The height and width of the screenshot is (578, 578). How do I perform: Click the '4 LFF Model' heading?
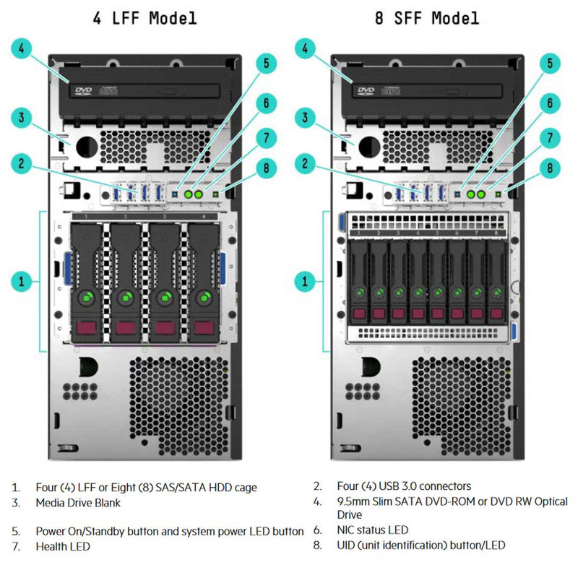pyautogui.click(x=144, y=17)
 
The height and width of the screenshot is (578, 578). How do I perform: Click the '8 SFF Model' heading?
pyautogui.click(x=426, y=17)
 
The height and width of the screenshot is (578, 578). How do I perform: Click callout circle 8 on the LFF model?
pyautogui.click(x=266, y=168)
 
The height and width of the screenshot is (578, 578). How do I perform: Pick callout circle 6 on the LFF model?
pyautogui.click(x=266, y=103)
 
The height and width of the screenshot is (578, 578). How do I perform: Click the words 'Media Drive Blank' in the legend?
pyautogui.click(x=78, y=503)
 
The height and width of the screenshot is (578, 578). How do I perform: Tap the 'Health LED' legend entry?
pyautogui.click(x=63, y=547)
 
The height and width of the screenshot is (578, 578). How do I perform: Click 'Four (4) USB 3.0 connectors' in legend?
pyautogui.click(x=404, y=486)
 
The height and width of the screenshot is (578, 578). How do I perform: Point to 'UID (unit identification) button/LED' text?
pyautogui.click(x=421, y=545)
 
